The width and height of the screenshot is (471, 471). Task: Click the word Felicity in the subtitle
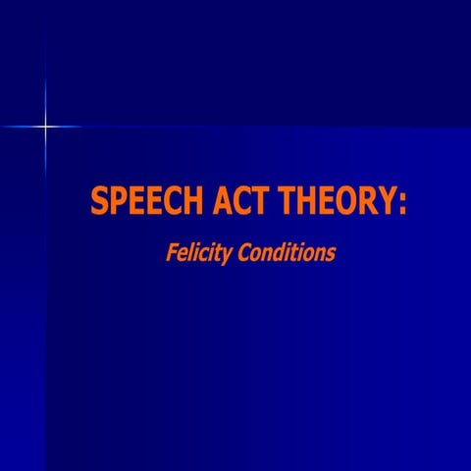pyautogui.click(x=198, y=253)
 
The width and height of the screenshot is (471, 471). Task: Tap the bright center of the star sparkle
pyautogui.click(x=44, y=126)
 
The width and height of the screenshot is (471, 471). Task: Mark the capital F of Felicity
pyautogui.click(x=170, y=252)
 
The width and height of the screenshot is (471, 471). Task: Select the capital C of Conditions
pyautogui.click(x=242, y=252)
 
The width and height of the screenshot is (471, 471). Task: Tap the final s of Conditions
pyautogui.click(x=331, y=254)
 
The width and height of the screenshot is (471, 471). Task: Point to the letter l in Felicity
pyautogui.click(x=190, y=252)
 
